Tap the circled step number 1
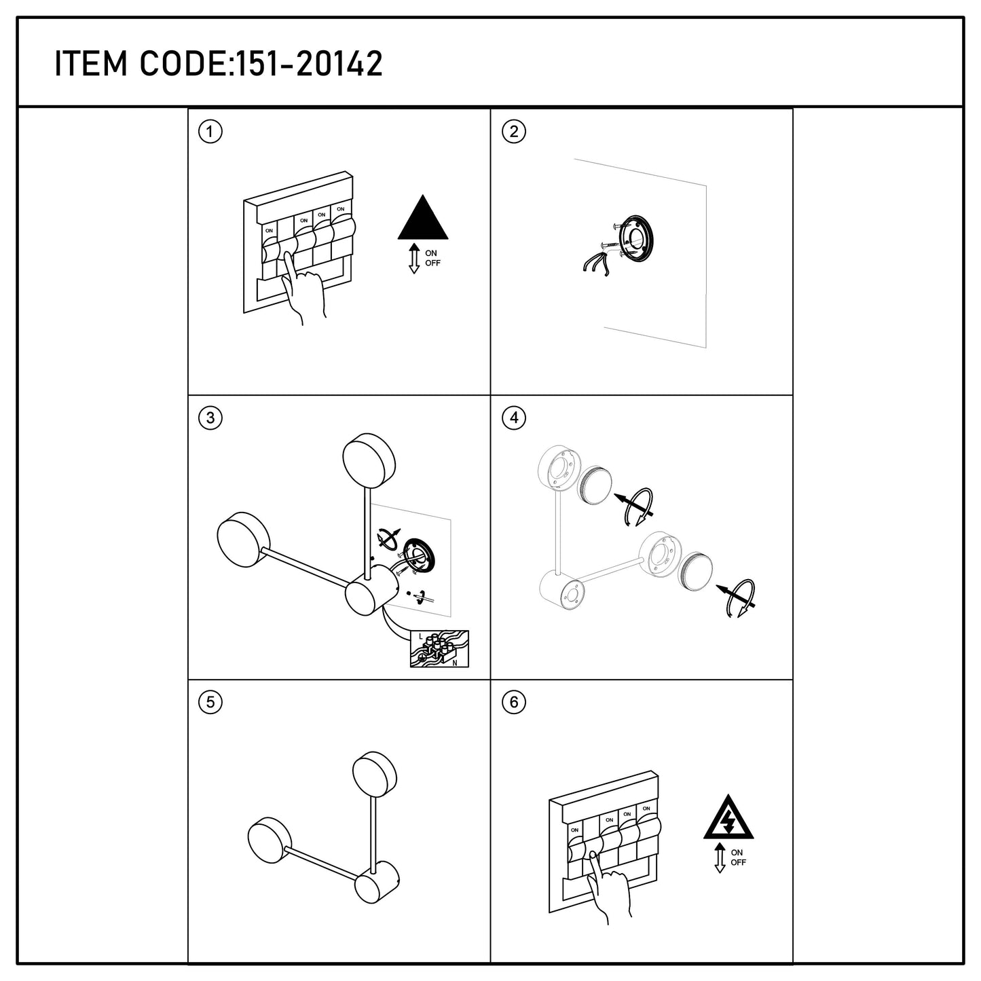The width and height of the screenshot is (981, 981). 210,132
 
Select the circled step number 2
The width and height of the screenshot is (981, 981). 514,132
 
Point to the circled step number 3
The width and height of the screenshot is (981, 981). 210,418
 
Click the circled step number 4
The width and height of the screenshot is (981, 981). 514,418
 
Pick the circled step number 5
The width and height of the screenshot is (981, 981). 210,703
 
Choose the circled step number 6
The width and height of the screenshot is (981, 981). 514,703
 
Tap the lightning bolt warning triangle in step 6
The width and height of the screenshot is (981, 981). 728,818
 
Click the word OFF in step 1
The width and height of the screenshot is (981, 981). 432,263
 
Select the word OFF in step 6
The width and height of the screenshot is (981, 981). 738,862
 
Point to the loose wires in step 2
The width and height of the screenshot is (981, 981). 597,261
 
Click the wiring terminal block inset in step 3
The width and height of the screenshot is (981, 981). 439,649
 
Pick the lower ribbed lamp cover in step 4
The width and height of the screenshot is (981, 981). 695,571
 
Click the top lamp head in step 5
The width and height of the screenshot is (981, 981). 375,773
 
